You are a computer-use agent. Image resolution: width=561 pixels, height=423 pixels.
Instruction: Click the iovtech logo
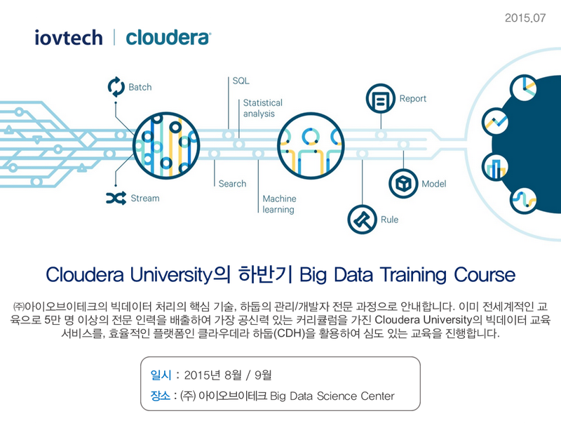click(69, 38)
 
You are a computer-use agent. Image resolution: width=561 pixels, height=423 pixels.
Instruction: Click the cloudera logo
click(168, 38)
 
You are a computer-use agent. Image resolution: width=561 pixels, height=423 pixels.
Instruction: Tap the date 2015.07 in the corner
click(525, 18)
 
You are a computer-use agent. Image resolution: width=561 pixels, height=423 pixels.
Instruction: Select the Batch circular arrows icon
click(116, 87)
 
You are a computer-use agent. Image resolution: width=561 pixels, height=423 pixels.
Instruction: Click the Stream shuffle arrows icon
click(116, 198)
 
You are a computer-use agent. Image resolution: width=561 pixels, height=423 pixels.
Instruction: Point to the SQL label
click(241, 81)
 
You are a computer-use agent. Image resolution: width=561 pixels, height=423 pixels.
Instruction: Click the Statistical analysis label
click(262, 108)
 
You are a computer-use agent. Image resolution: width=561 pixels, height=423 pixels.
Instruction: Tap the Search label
click(232, 184)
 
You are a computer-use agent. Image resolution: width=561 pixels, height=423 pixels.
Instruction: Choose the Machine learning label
click(279, 204)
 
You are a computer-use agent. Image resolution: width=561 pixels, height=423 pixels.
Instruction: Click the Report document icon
click(381, 98)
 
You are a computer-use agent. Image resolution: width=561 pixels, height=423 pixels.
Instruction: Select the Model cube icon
click(404, 184)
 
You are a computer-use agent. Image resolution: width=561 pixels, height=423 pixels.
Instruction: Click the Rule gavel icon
click(363, 220)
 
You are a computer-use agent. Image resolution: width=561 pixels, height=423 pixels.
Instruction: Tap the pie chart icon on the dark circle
click(524, 88)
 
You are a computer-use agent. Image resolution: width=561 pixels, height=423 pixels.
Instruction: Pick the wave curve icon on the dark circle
click(524, 201)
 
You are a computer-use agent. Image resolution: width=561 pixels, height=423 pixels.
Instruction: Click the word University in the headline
click(171, 275)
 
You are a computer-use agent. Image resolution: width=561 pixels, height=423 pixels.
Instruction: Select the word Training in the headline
click(413, 275)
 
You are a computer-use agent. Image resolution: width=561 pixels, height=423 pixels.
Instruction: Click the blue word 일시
click(161, 375)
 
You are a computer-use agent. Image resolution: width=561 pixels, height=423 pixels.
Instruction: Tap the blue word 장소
click(161, 396)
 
